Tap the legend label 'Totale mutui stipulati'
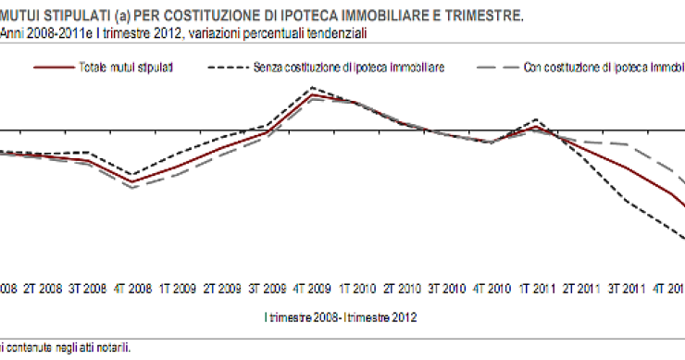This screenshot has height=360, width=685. coord(129,68)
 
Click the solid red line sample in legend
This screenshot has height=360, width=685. coord(53,68)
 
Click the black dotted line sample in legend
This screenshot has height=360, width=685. coord(230,68)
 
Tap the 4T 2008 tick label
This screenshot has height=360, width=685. coord(133,288)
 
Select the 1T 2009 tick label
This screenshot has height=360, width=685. coord(178,288)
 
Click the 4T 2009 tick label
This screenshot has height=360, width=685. coord(314,288)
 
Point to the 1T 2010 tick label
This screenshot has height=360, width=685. coord(358,288)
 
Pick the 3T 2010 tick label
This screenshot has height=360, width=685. coord(448,288)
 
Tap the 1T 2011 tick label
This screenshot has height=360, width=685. coord(538,288)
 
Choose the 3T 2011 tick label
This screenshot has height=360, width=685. coord(628,288)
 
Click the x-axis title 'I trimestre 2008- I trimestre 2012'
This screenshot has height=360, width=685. coord(340,317)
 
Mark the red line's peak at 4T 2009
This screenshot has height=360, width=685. coord(314,94)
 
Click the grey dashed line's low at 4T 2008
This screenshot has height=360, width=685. coord(133,188)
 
